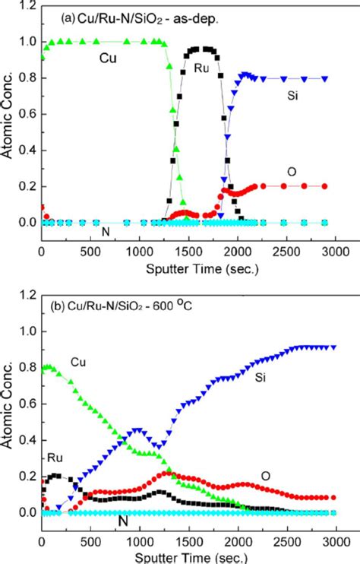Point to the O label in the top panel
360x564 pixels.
[x=292, y=172]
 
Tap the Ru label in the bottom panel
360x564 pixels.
[x=54, y=458]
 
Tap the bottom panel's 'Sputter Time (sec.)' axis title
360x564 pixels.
[x=190, y=556]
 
